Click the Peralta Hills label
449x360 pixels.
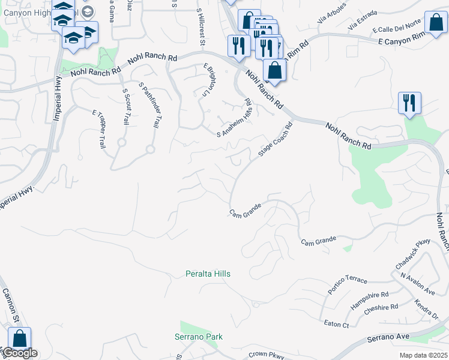coord(207,274)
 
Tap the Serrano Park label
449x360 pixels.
coord(198,337)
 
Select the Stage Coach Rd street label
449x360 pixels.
coord(275,140)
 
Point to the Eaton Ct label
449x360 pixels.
coord(336,325)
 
